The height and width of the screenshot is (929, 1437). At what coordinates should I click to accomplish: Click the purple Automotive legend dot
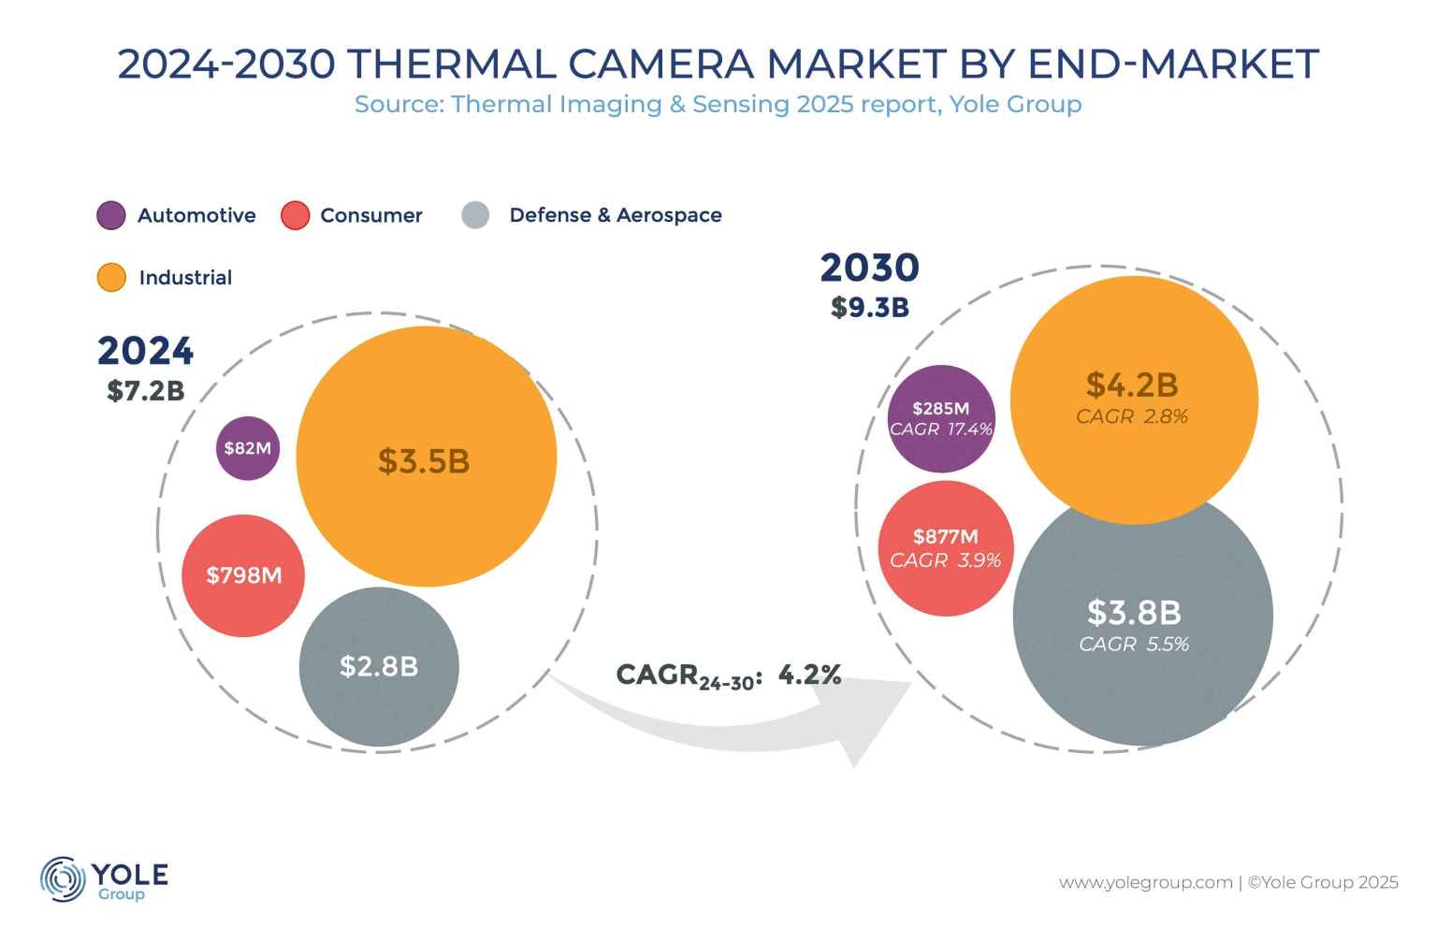111,215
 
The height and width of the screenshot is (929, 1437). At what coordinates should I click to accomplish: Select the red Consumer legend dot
295,215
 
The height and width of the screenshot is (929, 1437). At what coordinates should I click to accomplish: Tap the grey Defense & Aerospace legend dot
475,215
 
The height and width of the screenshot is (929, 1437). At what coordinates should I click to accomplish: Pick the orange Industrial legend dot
111,278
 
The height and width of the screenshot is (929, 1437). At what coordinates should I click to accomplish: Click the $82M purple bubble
248,448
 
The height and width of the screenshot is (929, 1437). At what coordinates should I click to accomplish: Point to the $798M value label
244,575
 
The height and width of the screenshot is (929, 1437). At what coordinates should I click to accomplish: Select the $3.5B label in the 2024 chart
424,461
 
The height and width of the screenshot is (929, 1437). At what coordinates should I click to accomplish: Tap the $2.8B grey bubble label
379,666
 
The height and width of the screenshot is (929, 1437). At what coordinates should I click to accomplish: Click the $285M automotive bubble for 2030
941,409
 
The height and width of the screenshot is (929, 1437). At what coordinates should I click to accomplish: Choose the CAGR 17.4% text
941,429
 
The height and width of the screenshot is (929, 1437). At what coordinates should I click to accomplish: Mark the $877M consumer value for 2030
946,537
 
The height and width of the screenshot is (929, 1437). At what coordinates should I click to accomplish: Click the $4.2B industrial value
1132,385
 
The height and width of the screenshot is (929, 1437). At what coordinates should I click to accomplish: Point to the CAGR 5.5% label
1134,644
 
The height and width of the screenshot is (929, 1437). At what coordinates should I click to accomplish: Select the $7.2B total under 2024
146,391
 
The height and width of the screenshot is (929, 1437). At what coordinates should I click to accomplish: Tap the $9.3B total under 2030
870,307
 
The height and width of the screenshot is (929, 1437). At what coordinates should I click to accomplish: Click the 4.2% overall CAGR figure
810,675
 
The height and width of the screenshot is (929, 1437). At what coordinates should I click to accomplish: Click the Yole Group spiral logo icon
63,879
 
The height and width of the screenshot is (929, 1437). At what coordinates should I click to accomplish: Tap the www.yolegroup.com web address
1145,882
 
